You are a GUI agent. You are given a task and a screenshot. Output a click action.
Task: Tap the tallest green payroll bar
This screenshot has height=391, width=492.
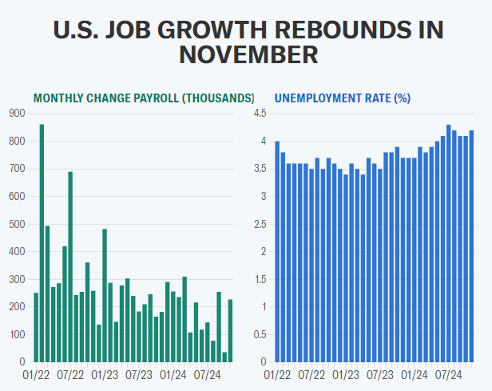[x=42, y=243]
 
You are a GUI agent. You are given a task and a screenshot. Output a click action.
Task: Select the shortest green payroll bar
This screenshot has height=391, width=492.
[x=225, y=357]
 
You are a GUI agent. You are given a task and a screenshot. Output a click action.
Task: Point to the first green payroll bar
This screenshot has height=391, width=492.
[x=36, y=327]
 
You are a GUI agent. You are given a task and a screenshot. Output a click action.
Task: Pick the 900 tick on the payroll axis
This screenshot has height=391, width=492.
[x=17, y=114]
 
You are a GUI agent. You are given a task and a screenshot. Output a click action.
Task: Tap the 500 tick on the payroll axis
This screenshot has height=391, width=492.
[x=17, y=224]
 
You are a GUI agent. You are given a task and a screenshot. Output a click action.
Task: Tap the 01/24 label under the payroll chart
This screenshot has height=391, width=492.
[x=173, y=373]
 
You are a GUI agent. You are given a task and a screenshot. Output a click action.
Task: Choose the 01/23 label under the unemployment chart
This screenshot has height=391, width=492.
[x=346, y=373]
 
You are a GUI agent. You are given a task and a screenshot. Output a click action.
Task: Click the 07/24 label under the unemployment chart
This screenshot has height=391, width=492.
[x=449, y=373]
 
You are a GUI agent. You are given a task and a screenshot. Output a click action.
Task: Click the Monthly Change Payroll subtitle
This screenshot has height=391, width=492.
[x=144, y=98]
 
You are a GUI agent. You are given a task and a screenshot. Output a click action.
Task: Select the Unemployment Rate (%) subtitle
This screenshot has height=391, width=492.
[x=343, y=98]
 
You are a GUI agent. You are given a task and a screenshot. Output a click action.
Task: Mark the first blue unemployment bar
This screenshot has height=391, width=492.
[x=277, y=252]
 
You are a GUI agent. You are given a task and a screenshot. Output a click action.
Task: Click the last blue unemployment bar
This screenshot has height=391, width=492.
[x=472, y=246]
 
